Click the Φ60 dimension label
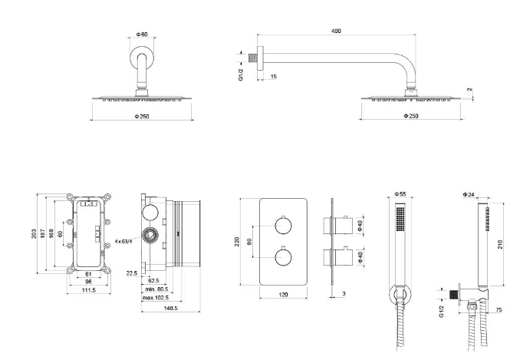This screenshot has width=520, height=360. click(142, 35)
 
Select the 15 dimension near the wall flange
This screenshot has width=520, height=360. click(274, 76)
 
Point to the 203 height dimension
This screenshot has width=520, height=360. click(35, 233)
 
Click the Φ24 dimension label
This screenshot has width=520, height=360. click(468, 194)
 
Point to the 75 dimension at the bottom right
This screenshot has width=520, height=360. click(500, 309)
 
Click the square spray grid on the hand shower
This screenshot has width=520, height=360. click(399, 221)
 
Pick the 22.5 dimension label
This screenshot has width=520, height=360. click(131, 272)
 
